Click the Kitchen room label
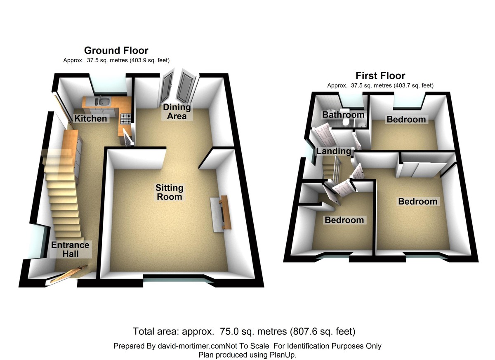[90, 119]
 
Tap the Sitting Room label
[169, 192]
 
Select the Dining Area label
[177, 111]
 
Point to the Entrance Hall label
[70, 249]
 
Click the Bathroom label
[343, 115]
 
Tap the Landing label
[333, 151]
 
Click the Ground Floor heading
[116, 51]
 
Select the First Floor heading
[380, 76]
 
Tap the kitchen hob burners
[126, 119]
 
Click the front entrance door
[68, 274]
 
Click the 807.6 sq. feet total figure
[323, 331]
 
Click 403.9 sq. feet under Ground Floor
[146, 60]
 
